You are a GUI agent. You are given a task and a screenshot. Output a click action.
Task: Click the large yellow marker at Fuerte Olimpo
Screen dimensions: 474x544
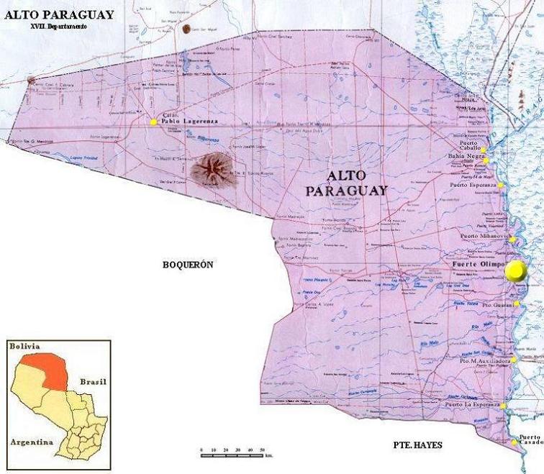(x=515, y=271)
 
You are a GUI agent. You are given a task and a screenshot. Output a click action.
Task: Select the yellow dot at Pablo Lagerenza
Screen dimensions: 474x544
(x=153, y=122)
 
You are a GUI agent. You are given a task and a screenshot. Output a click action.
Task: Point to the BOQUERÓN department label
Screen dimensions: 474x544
(x=189, y=265)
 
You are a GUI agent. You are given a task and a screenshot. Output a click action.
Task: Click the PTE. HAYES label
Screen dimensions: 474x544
(x=417, y=445)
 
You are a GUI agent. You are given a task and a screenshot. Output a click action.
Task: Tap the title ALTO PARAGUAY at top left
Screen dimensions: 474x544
(x=58, y=14)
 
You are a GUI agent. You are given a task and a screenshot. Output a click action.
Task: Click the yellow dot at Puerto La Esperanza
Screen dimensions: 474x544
(x=504, y=406)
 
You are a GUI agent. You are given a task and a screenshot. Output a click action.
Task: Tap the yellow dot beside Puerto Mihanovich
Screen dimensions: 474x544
(x=509, y=240)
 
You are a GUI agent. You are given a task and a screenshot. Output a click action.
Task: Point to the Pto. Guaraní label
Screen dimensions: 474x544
(x=497, y=306)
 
